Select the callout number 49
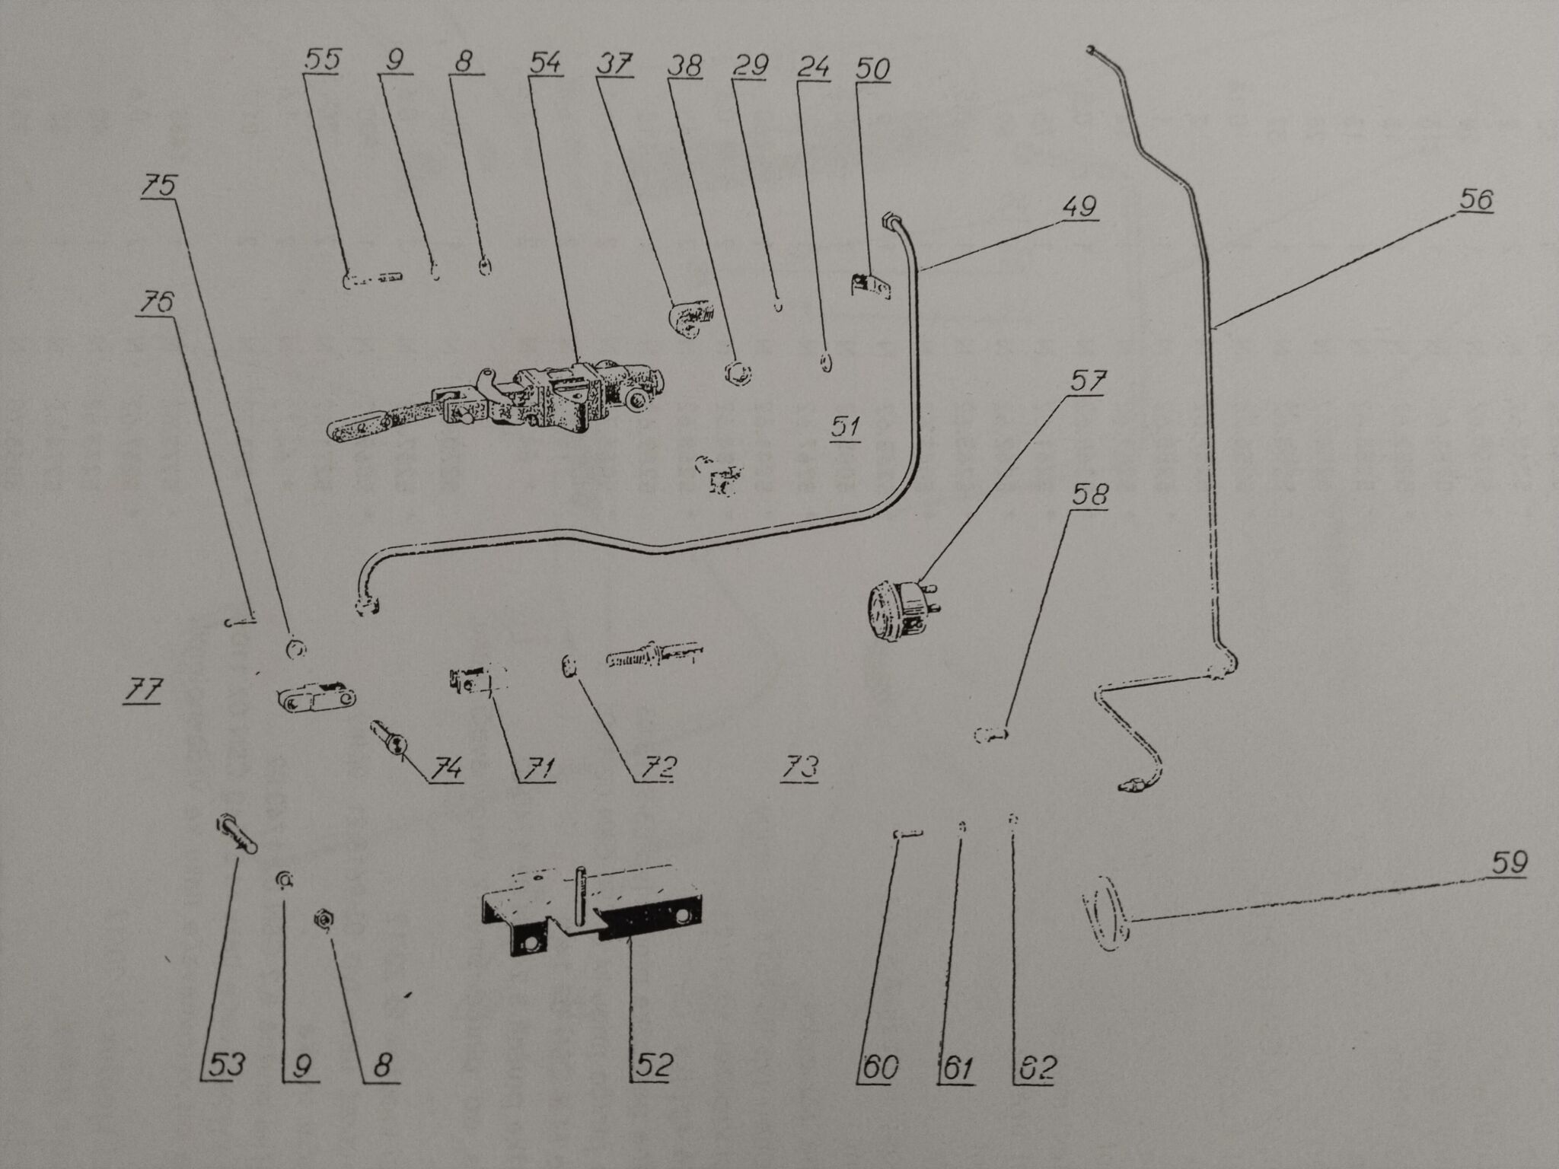coord(1079,207)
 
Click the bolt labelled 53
coord(237,836)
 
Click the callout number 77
coord(143,691)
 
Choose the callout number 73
coord(800,767)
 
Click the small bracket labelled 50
coord(869,285)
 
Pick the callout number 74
coord(445,769)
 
